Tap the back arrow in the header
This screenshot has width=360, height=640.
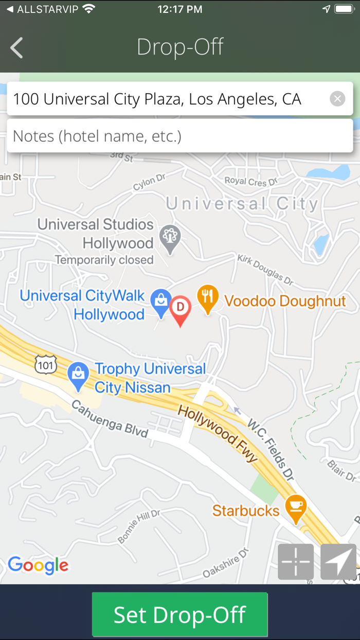16,48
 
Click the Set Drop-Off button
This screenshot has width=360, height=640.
180,614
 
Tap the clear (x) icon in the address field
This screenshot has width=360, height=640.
337,99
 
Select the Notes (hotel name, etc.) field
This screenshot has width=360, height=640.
180,136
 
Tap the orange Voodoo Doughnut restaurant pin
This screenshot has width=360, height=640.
207,298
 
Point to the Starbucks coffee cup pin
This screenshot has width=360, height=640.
296,507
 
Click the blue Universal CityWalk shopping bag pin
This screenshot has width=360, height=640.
160,301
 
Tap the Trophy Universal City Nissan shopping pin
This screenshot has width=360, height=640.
78,375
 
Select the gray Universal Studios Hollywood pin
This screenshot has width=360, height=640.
170,238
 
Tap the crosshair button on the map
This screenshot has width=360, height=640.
296,561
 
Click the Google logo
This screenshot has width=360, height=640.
38,565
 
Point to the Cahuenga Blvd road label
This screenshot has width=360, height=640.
109,419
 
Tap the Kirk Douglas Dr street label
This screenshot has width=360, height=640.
265,269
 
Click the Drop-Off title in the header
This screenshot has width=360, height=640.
180,47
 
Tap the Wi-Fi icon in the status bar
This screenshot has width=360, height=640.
88,9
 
